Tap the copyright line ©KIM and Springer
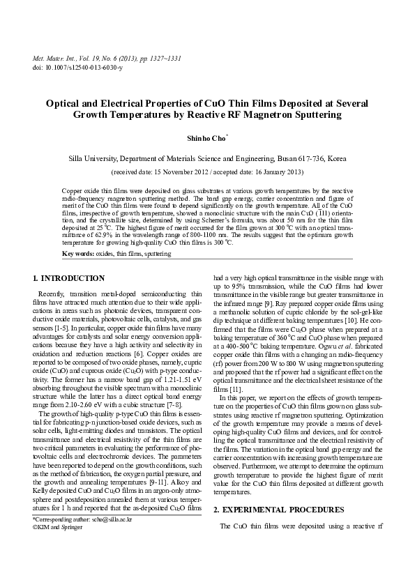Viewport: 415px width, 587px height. coord(64,548)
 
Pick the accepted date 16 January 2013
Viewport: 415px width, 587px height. coord(274,171)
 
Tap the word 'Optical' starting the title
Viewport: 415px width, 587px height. coord(66,102)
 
